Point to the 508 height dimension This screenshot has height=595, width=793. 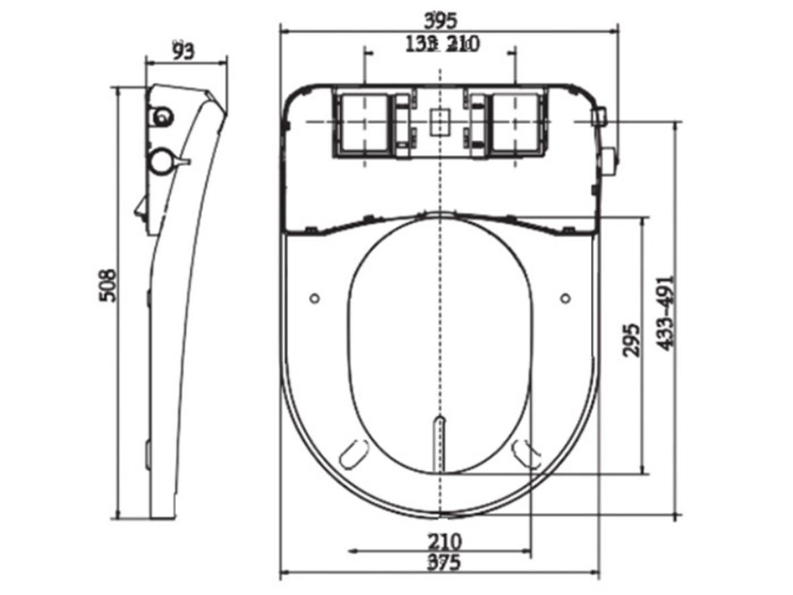(107, 285)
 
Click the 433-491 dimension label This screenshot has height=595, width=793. (665, 313)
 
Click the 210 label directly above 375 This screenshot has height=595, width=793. (445, 541)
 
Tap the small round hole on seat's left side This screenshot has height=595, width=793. (315, 297)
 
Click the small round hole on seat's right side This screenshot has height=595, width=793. (565, 297)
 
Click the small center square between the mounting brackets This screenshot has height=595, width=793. (439, 121)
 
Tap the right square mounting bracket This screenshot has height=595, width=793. (515, 121)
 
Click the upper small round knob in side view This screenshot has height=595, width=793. (162, 117)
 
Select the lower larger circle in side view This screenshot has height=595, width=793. (161, 161)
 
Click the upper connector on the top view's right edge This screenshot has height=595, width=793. (599, 118)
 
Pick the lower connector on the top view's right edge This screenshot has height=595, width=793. (609, 160)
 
